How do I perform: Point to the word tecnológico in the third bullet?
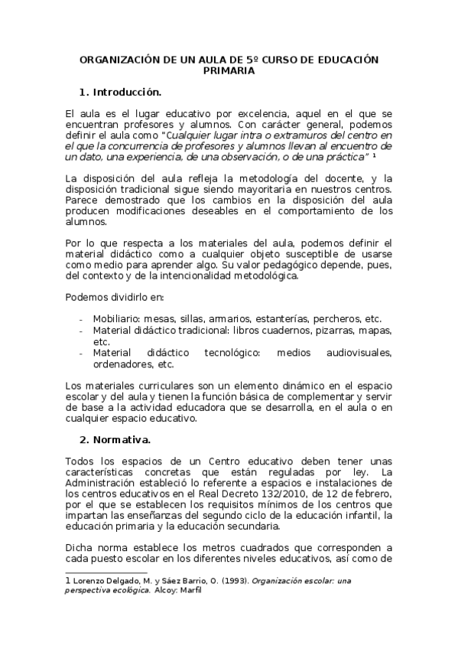[x=229, y=353]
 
